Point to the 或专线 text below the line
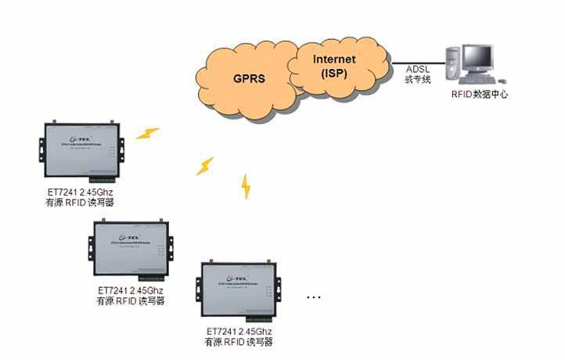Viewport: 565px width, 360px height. (x=417, y=81)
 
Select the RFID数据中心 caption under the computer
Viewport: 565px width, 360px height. (x=477, y=94)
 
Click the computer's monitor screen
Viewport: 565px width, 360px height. (x=479, y=58)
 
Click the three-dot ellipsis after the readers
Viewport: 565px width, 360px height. (x=315, y=297)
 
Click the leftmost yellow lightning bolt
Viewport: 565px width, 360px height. (x=147, y=133)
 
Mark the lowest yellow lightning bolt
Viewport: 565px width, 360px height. (x=246, y=187)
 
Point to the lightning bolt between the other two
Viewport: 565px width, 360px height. (x=204, y=166)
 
